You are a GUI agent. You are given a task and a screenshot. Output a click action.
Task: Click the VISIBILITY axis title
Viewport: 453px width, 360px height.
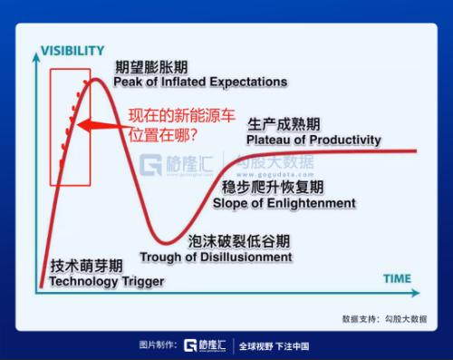72,51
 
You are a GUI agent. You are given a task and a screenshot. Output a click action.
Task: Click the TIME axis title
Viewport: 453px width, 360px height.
396,278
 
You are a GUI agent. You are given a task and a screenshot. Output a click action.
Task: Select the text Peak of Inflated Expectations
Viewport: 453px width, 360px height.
200,83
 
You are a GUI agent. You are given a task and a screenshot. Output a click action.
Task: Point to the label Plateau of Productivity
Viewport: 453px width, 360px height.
313,140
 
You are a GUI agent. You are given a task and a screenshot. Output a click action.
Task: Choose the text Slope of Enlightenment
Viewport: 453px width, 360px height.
284,203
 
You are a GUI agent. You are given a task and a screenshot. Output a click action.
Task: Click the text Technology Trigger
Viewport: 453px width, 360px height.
106,282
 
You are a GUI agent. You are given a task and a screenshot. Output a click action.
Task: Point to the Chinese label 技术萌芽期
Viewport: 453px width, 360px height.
86,267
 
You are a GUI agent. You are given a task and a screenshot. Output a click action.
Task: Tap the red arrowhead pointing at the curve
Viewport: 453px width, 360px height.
80,126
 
